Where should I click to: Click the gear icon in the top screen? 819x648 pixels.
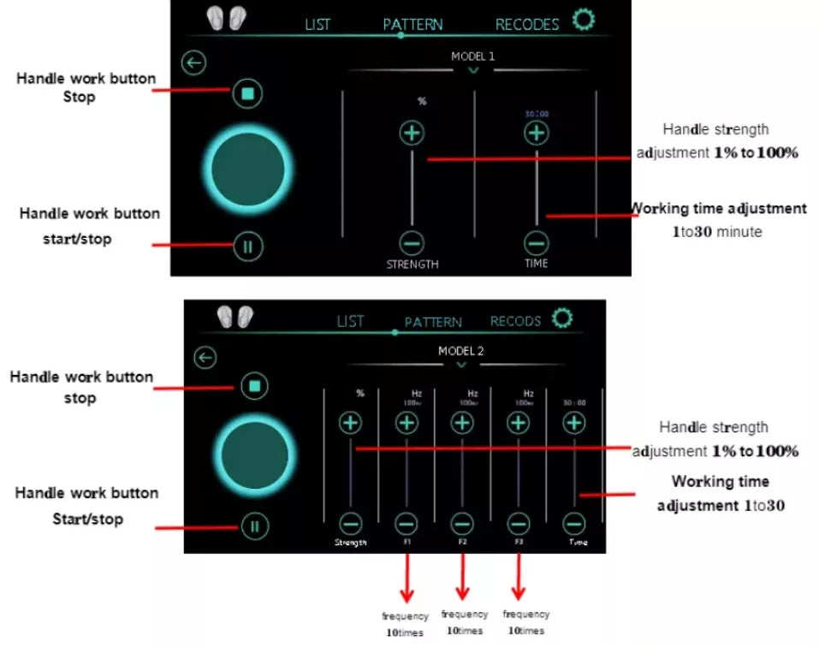[584, 20]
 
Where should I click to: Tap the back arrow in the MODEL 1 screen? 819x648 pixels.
[195, 62]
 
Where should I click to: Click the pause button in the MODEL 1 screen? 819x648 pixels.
[247, 247]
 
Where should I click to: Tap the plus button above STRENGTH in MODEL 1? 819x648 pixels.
[412, 133]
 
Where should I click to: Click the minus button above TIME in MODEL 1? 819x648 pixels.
[537, 242]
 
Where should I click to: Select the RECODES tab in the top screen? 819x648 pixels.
[526, 24]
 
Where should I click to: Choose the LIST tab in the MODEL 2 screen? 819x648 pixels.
[350, 321]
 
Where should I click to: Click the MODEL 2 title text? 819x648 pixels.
[461, 351]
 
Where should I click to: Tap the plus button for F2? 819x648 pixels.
[462, 422]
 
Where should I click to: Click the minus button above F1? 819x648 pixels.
[407, 523]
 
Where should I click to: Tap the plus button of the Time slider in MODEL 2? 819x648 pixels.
[574, 422]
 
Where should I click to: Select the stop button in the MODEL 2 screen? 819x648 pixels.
[253, 386]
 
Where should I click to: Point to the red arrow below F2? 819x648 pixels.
[462, 579]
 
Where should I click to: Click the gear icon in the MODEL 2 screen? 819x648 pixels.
[561, 318]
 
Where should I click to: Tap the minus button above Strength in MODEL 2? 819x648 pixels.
[350, 523]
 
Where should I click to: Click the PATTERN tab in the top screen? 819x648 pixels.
[412, 24]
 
